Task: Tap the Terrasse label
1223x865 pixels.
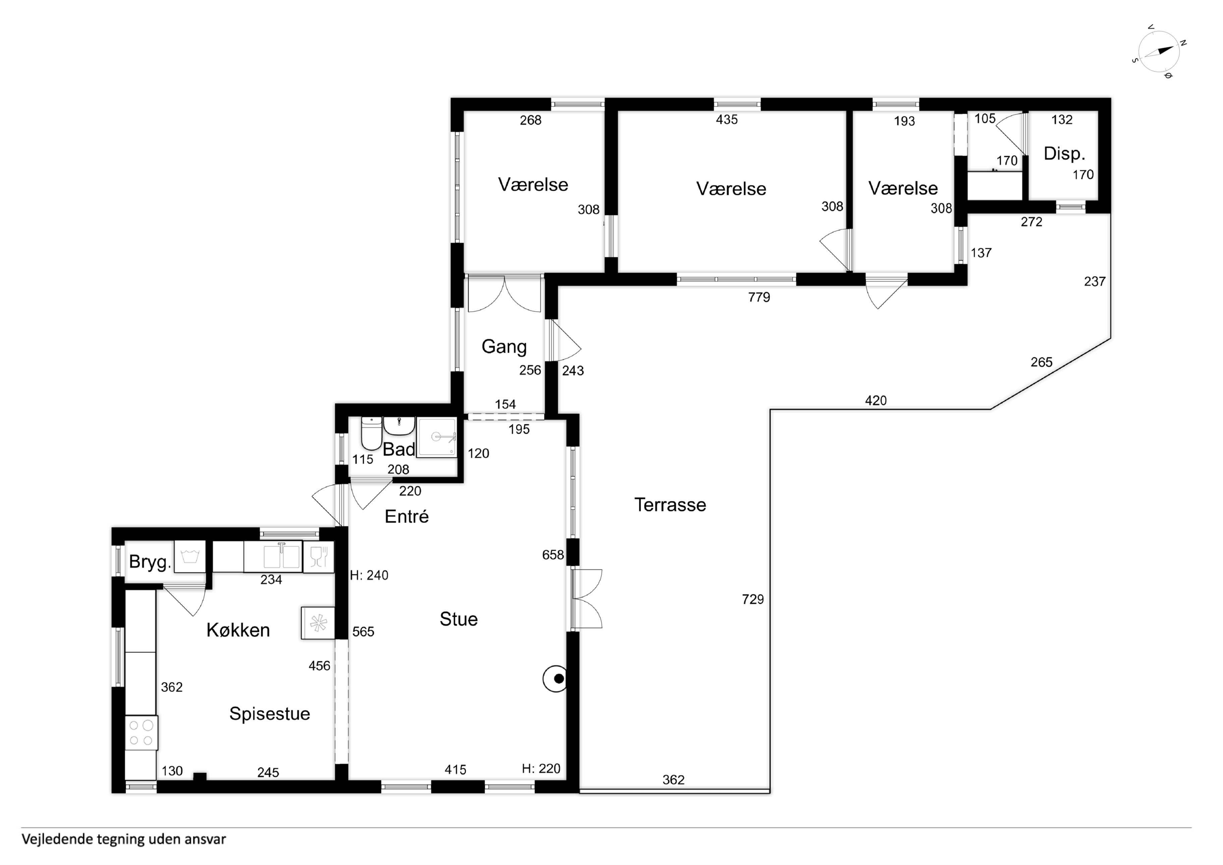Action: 670,505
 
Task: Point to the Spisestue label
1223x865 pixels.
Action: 270,714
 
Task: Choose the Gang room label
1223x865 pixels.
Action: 504,347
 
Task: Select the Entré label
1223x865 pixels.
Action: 406,517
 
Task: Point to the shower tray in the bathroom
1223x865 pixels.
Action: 437,438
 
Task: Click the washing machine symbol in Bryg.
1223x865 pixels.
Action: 190,557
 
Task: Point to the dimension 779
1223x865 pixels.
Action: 759,298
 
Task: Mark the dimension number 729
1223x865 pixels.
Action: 753,600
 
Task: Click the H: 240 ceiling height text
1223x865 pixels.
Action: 369,575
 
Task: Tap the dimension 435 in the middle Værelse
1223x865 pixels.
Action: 726,119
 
